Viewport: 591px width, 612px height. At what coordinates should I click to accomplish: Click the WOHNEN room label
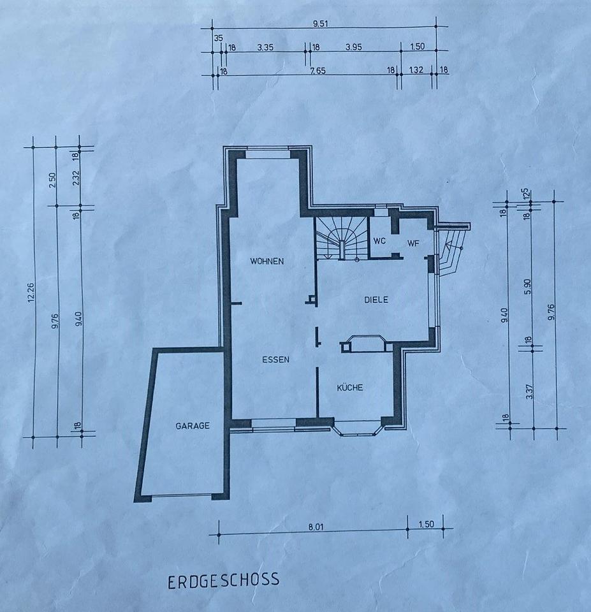click(x=267, y=261)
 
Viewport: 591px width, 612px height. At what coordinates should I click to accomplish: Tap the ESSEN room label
click(x=275, y=360)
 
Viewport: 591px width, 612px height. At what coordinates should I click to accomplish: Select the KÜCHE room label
click(x=350, y=387)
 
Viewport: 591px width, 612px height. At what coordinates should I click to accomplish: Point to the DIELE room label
click(x=376, y=300)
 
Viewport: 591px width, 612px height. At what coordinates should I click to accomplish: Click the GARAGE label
click(x=193, y=426)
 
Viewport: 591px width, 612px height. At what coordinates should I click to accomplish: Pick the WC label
click(x=379, y=241)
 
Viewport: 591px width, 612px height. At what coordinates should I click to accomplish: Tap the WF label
click(x=413, y=244)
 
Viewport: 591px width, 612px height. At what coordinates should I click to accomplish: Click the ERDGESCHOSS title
click(x=224, y=580)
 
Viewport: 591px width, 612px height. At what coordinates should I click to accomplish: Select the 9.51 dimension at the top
click(x=320, y=24)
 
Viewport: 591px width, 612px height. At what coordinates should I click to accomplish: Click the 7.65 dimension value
click(x=317, y=71)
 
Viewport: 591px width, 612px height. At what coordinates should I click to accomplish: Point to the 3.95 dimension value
click(x=354, y=47)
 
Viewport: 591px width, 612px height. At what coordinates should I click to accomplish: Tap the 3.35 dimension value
click(x=265, y=48)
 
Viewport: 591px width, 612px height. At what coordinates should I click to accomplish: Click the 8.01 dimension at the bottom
click(x=316, y=527)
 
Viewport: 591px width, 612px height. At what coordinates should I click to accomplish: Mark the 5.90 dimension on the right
click(x=528, y=286)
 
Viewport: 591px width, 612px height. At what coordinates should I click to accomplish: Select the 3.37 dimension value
click(x=529, y=391)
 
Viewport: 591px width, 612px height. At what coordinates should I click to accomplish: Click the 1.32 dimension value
click(x=416, y=70)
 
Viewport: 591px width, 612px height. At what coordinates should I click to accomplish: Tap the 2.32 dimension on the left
click(x=76, y=178)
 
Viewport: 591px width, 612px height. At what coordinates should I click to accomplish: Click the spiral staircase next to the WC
click(x=342, y=238)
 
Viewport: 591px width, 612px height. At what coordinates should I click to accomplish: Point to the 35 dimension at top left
click(x=219, y=38)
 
